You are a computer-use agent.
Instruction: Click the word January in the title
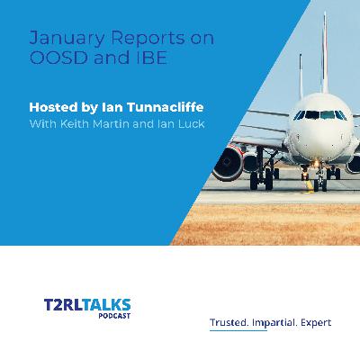[60, 40]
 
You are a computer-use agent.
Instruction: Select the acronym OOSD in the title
[50, 60]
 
